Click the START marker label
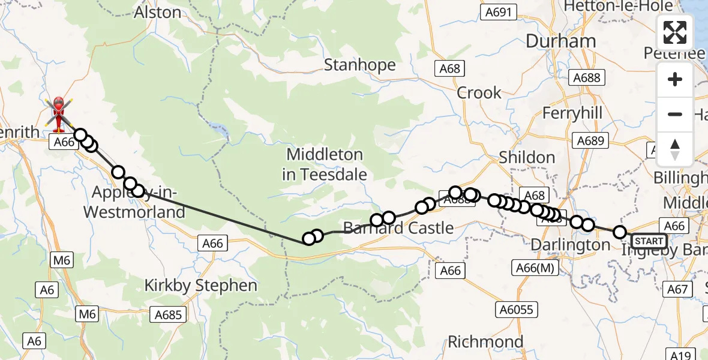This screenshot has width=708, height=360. pos(649,241)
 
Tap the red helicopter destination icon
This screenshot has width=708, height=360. pos(59,113)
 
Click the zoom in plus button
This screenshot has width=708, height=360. pos(675,80)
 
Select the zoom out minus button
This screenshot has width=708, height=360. pos(675,114)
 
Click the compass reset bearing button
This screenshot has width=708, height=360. pos(675,149)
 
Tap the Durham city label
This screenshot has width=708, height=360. pos(561,41)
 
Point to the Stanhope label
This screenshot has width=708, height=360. pos(360,65)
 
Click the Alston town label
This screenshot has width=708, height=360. pos(158,12)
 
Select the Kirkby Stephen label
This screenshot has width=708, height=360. pos(201,286)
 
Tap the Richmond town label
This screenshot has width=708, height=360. pos(486,342)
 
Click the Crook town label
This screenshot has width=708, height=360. pos(479,93)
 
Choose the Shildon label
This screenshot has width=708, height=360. pos(527,157)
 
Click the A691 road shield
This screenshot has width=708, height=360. pos(499,13)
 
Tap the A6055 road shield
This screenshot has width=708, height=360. pos(517,310)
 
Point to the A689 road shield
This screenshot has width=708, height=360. pos(590,140)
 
